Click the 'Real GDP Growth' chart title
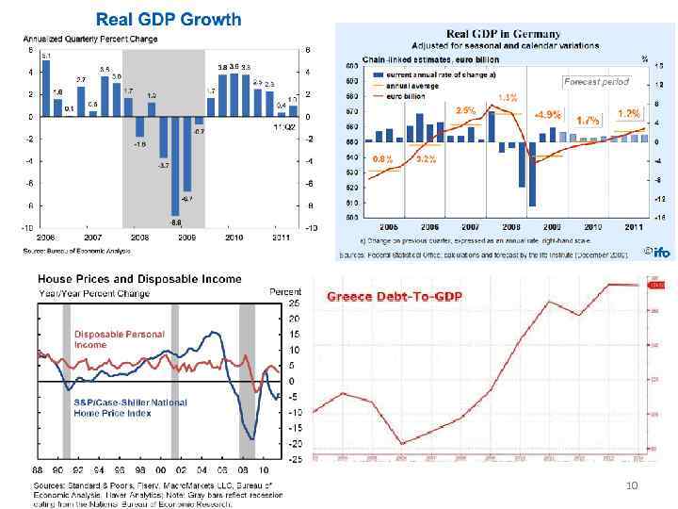point(169,19)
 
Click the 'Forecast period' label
point(595,81)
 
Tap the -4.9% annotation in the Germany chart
point(547,115)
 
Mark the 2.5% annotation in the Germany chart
point(464,110)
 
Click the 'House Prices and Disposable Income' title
point(139,279)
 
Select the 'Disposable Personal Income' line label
point(119,339)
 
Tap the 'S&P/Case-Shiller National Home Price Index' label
point(130,407)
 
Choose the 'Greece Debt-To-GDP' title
point(395,297)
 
